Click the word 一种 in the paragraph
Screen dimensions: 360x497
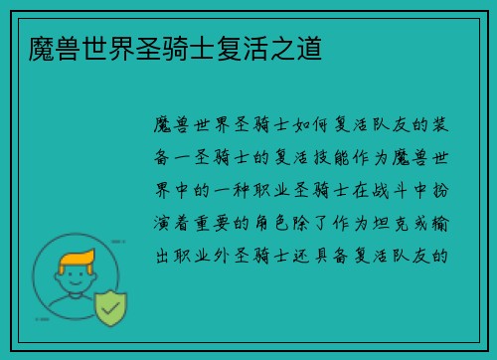(x=239, y=189)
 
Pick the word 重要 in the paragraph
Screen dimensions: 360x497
(x=228, y=222)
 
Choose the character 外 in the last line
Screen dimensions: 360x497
(x=234, y=254)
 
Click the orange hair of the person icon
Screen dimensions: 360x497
(x=79, y=261)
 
